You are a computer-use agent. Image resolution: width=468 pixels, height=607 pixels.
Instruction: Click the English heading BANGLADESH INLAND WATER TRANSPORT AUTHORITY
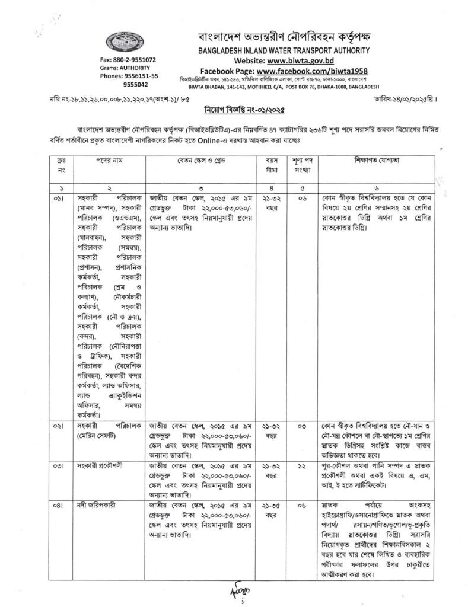point(284,51)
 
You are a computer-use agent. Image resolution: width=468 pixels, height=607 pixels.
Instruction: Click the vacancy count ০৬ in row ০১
point(303,194)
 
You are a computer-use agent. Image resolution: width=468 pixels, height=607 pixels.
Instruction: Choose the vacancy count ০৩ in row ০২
point(303,426)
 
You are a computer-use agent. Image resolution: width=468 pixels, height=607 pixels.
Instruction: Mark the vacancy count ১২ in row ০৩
point(303,465)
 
